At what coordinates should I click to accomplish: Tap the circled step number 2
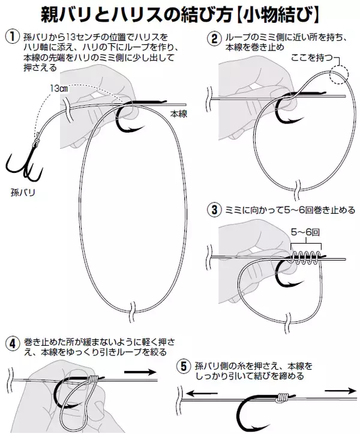(x=214, y=38)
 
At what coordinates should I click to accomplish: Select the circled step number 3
(x=214, y=210)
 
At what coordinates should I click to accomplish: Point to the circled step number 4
(x=13, y=344)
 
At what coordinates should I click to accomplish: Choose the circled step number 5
(x=184, y=366)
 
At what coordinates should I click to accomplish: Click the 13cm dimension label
(x=59, y=89)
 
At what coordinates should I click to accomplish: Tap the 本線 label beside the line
(x=178, y=114)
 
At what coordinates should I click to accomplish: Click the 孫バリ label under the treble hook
(x=23, y=192)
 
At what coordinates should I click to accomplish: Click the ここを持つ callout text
(x=311, y=58)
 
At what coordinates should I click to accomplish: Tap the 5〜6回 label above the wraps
(x=305, y=232)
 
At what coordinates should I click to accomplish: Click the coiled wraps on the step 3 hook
(x=306, y=258)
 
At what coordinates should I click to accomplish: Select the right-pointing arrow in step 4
(x=140, y=372)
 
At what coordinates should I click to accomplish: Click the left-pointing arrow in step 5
(x=202, y=393)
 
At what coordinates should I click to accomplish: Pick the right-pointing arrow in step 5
(x=341, y=391)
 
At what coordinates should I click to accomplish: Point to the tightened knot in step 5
(x=282, y=397)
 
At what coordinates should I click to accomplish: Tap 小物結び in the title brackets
(x=278, y=15)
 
